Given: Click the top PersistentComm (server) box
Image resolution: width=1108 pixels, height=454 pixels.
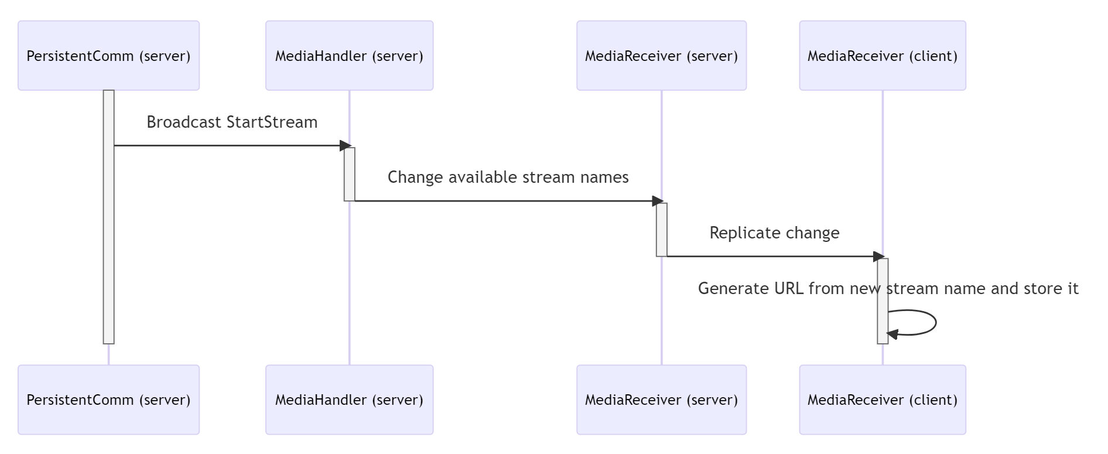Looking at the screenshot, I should tap(108, 56).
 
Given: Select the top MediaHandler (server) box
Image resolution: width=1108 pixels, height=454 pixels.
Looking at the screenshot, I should tap(349, 56).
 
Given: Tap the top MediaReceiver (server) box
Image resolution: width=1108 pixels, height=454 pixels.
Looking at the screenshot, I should tap(661, 56).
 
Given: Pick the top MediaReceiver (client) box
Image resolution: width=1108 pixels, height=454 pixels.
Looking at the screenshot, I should tap(882, 56).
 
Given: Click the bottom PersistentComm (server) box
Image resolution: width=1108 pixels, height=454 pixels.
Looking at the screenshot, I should tap(108, 400).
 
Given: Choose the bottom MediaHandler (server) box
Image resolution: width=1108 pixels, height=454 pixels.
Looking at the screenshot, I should tap(349, 400).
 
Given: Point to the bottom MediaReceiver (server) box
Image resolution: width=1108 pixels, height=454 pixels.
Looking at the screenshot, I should tap(661, 400).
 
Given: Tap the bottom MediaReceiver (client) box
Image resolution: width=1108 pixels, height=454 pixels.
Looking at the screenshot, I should tap(882, 400).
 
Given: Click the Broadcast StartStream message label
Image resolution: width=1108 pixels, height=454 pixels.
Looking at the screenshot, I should tap(232, 122).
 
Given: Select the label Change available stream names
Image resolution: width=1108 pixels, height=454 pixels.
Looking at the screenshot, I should tap(508, 177).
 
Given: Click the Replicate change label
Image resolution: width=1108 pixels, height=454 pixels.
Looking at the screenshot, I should tap(774, 233).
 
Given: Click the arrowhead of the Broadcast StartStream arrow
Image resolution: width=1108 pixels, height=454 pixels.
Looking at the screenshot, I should tap(346, 145).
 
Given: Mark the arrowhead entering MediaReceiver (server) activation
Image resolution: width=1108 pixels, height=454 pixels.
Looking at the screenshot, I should tap(658, 201).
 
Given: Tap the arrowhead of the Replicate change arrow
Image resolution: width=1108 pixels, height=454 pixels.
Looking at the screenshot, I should tap(878, 256).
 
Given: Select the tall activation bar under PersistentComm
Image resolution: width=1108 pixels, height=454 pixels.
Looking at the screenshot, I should tap(108, 246).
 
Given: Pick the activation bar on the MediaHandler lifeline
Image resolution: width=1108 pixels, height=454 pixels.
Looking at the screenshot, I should tap(349, 174).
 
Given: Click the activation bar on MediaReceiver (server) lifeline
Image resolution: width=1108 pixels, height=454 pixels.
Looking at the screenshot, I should tap(661, 230).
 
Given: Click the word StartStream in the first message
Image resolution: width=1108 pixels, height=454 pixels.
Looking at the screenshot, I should tap(272, 122).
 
